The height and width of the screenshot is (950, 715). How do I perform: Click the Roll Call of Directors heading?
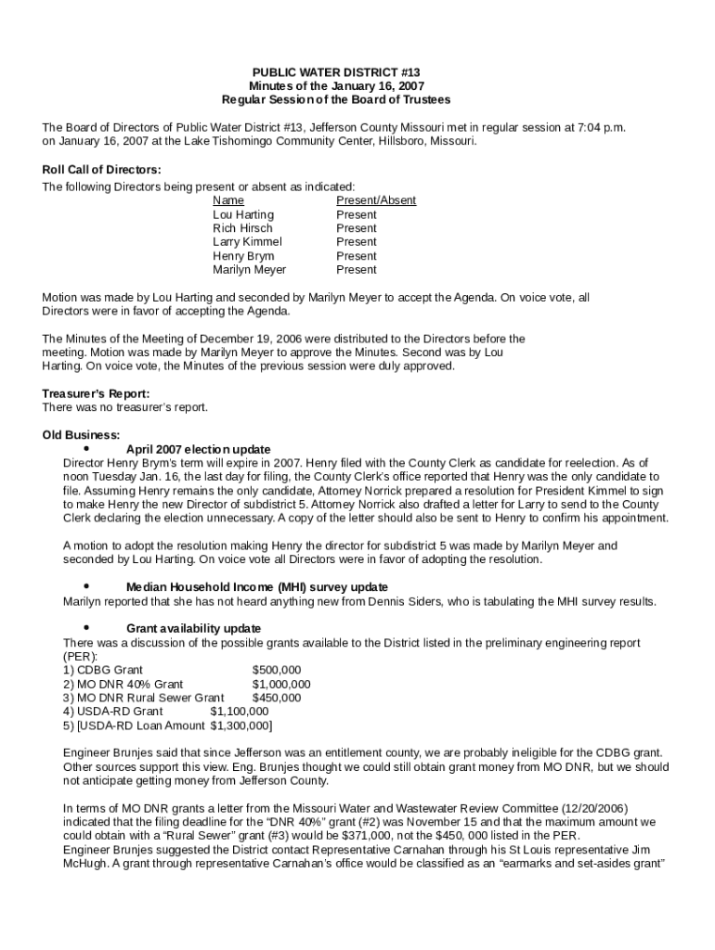[102, 170]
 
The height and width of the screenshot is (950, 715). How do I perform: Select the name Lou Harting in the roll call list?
[243, 214]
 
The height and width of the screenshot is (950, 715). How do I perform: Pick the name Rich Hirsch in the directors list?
[242, 228]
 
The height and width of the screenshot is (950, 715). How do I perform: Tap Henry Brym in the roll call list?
[243, 256]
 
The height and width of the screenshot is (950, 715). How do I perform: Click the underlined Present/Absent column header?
[375, 200]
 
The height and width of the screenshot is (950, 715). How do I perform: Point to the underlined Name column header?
[228, 200]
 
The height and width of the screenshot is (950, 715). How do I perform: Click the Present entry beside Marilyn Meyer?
[357, 270]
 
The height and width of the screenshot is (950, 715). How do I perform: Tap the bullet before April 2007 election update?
[86, 448]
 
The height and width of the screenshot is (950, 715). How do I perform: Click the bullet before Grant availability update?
[86, 628]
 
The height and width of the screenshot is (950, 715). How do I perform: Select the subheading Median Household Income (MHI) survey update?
[256, 587]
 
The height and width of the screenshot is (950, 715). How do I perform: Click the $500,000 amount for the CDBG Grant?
[276, 670]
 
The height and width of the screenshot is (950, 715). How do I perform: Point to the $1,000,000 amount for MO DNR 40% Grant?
[281, 684]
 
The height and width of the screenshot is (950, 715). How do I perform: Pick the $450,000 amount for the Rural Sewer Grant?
[276, 698]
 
